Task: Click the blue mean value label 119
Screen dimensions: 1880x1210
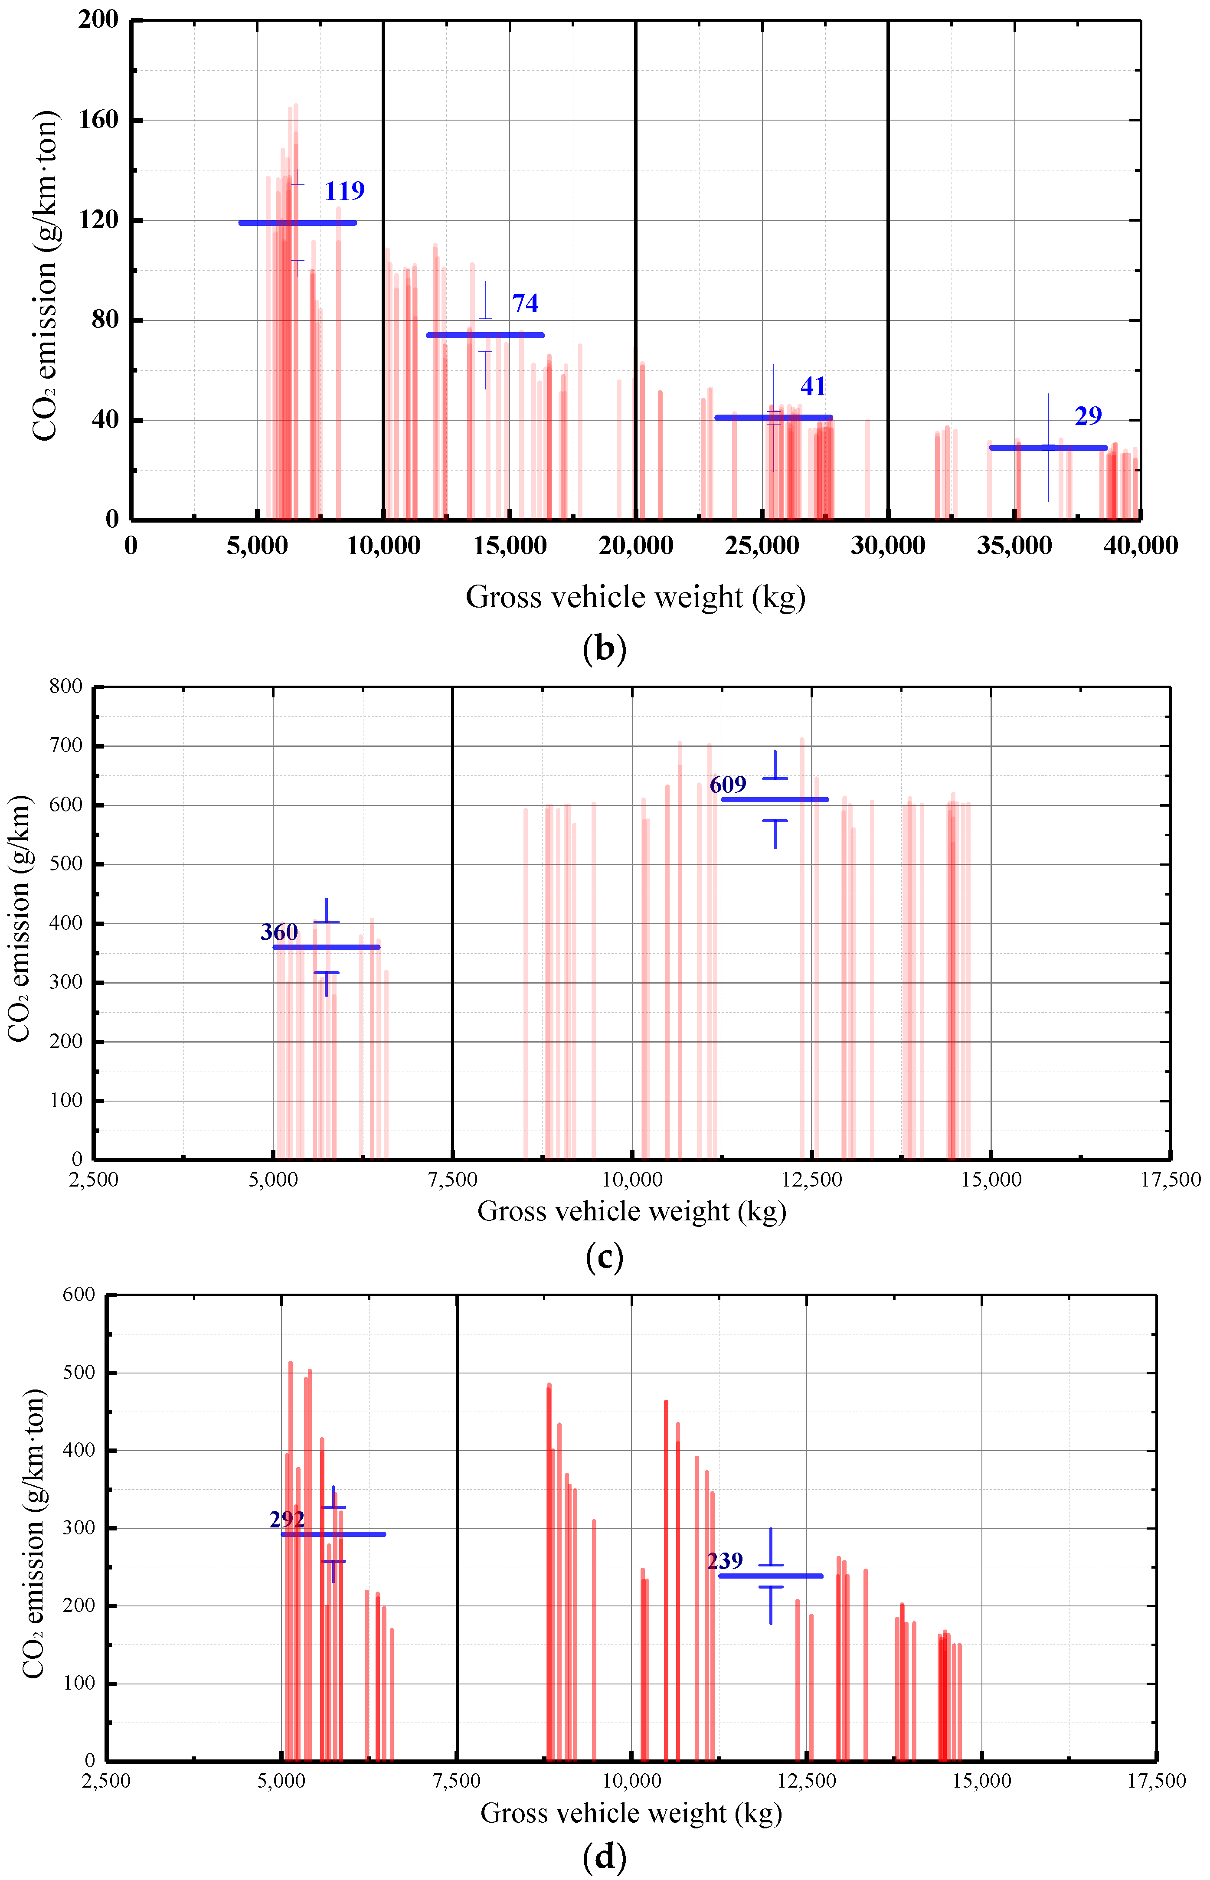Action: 344,191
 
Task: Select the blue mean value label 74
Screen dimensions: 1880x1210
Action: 525,303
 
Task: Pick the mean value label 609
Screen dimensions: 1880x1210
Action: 728,785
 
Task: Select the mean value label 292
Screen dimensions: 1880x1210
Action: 287,1520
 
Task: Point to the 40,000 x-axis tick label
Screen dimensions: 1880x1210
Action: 1140,546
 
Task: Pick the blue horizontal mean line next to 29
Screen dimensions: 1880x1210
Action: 1047,448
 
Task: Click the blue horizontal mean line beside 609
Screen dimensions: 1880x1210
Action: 775,800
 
